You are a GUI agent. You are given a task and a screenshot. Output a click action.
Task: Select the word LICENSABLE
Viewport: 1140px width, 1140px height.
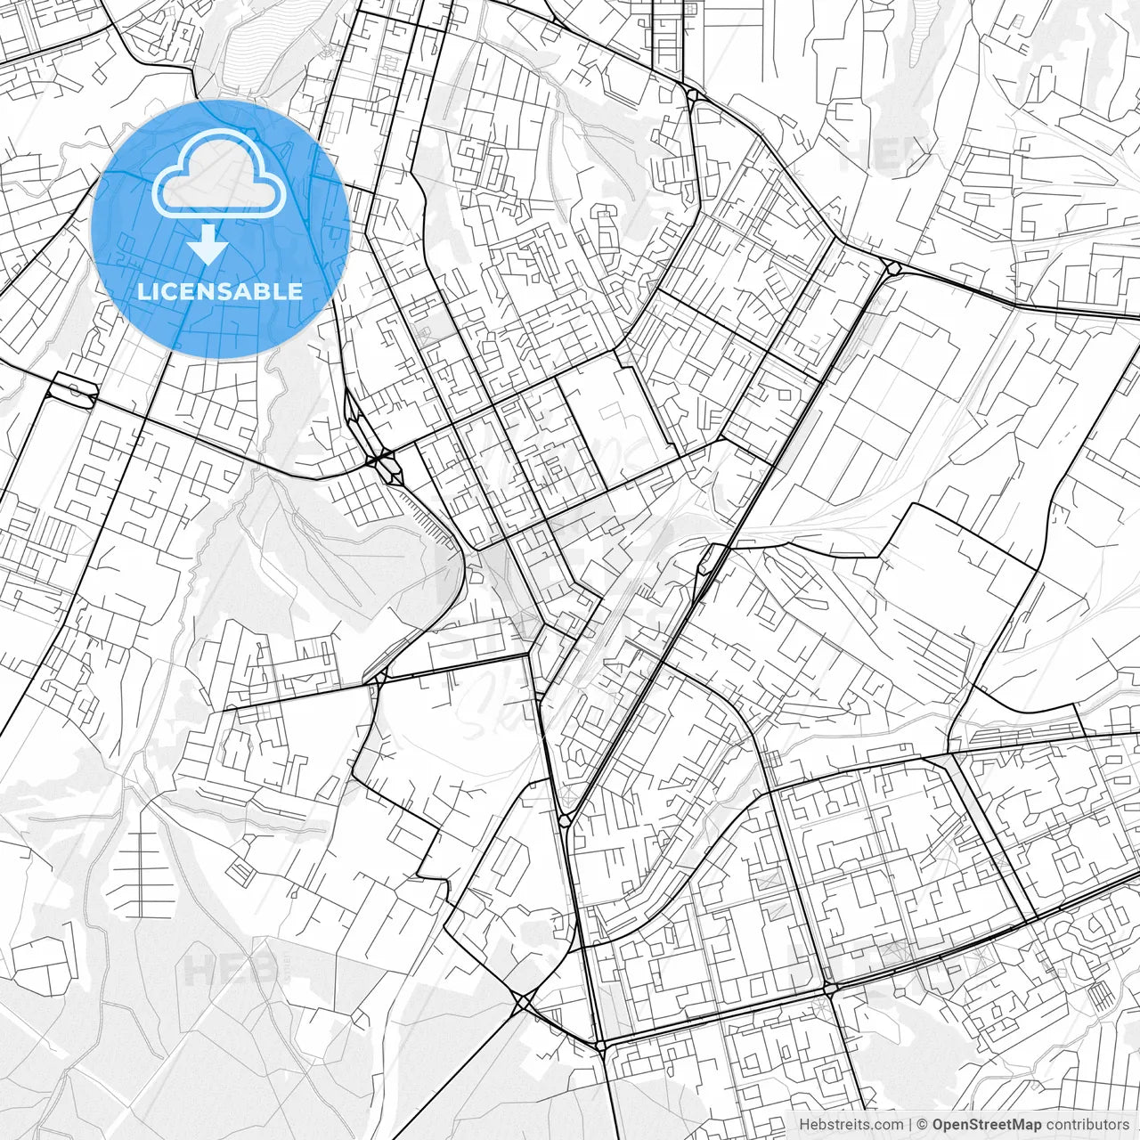pos(220,291)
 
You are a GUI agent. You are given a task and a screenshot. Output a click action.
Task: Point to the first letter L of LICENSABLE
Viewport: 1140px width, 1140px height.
pos(142,291)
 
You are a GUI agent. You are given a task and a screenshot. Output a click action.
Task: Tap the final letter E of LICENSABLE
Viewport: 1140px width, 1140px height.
pos(296,291)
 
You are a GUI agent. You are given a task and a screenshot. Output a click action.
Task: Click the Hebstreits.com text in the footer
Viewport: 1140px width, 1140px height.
pos(851,1125)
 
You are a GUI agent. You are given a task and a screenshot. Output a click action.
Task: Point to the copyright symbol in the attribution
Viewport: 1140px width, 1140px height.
pos(924,1125)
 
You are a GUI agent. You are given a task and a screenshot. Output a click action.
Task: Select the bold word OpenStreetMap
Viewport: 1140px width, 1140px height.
pos(987,1125)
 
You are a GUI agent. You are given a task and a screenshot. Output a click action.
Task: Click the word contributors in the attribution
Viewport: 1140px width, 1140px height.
pos(1087,1125)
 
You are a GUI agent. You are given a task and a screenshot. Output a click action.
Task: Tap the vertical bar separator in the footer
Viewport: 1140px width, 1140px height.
pos(911,1125)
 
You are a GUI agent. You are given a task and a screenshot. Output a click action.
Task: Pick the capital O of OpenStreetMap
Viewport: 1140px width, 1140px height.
pos(939,1125)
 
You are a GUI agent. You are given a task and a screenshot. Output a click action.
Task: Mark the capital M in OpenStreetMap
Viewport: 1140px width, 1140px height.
pos(1022,1125)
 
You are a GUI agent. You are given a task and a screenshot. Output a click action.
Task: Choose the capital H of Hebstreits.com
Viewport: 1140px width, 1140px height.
pos(804,1125)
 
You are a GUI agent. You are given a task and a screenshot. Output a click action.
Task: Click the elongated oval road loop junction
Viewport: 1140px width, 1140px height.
pos(74,389)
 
